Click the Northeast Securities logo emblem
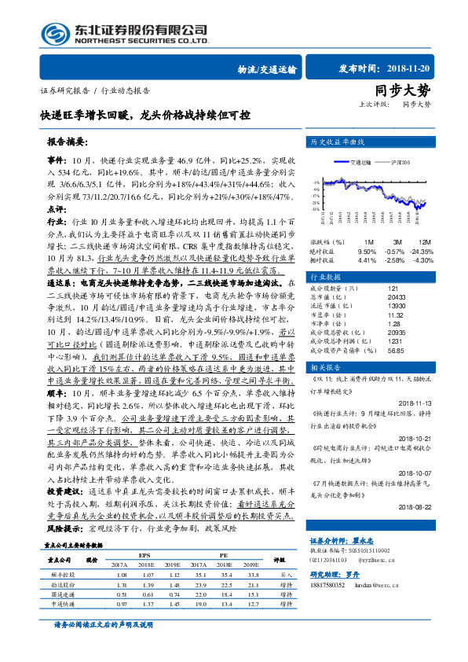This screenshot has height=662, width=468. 53,34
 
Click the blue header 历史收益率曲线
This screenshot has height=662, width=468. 339,143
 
